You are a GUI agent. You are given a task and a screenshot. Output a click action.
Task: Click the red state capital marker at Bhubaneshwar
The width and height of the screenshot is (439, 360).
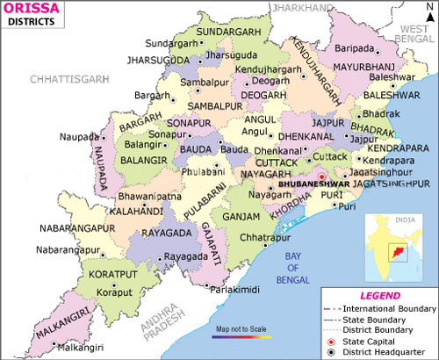point(321,176)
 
